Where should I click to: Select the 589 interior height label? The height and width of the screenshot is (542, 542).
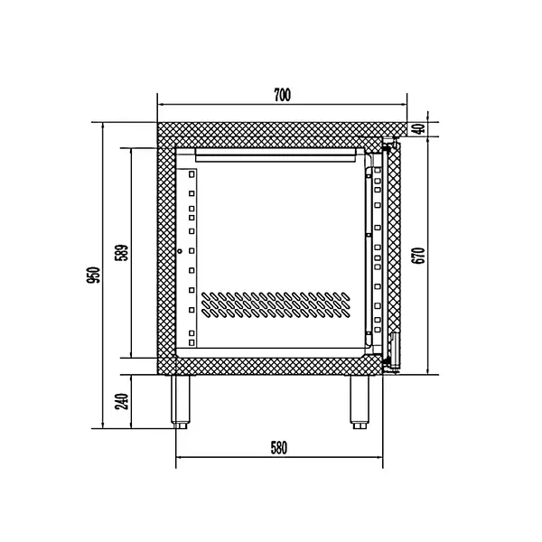(x=123, y=252)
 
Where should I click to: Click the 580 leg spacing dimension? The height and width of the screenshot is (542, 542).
(x=278, y=447)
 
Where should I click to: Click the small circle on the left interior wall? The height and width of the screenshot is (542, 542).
(x=180, y=251)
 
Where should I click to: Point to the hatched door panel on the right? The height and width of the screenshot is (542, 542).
(x=393, y=253)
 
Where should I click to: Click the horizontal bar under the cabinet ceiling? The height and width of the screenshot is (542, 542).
(x=273, y=155)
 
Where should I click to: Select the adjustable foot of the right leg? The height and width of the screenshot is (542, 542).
(x=358, y=420)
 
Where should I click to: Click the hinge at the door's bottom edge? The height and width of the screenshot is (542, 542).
(x=391, y=364)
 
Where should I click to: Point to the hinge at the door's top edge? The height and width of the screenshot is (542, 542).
(x=390, y=143)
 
